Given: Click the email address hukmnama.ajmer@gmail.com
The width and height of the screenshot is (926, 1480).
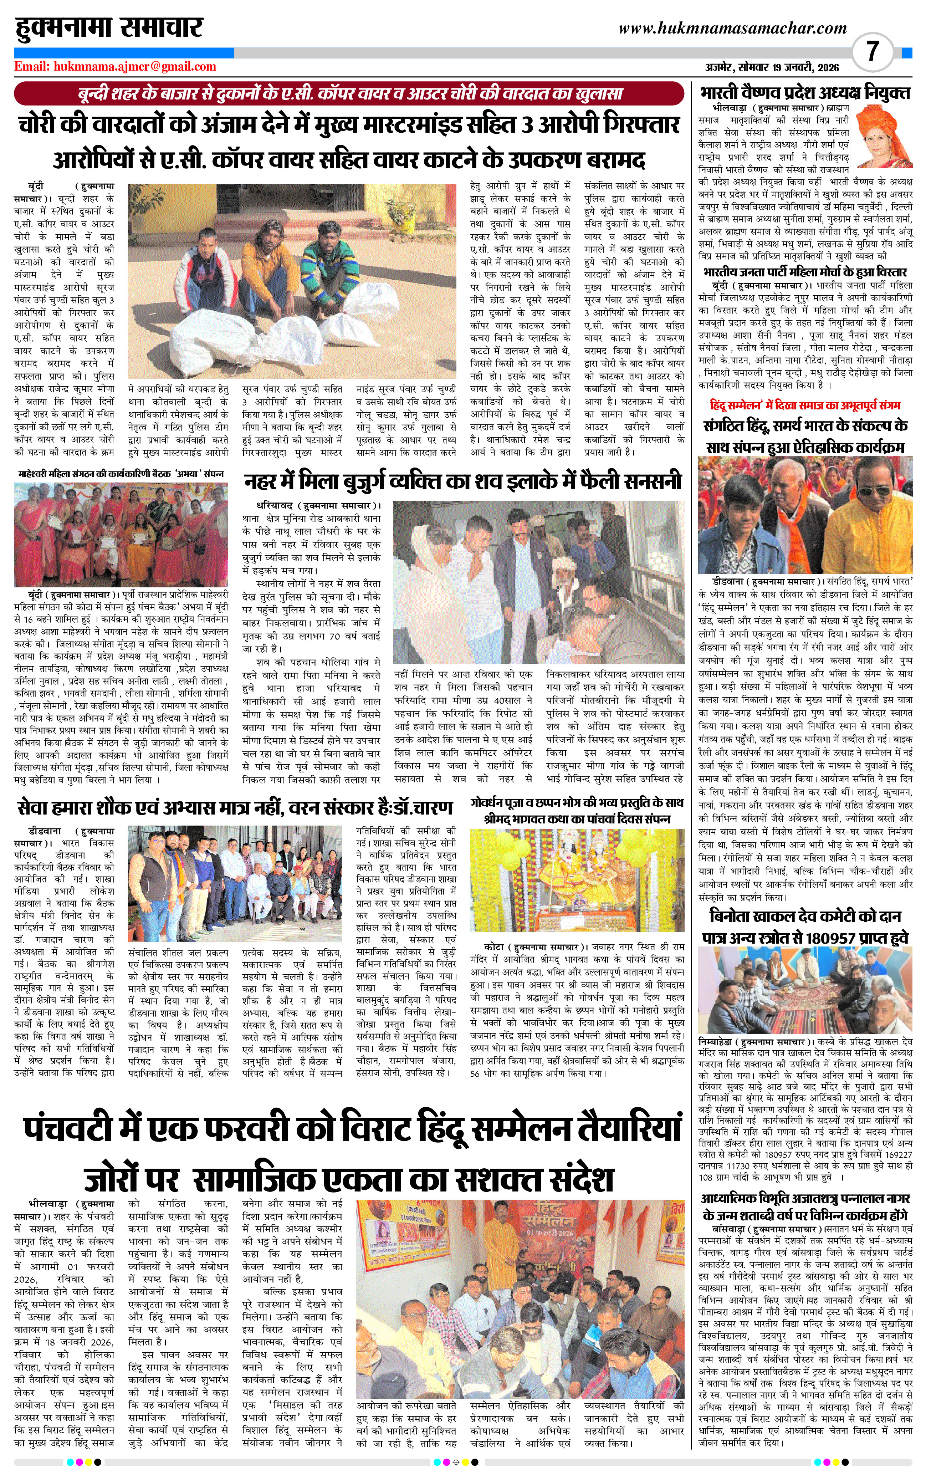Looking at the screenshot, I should coord(115,67).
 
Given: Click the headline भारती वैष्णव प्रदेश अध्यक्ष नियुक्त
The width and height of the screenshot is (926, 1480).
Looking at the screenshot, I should coord(805,93).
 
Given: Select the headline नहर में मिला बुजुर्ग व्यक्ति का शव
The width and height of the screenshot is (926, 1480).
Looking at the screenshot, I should coord(462,481).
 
